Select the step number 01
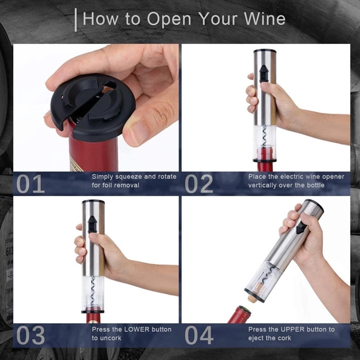pos(31,184)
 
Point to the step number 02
pos(199,184)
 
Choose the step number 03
pos(31,335)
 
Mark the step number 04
pos(199,335)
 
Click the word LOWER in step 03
pos(136,329)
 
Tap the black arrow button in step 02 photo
pos(263,73)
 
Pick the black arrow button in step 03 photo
pos(92,224)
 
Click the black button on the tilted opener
pos(301,228)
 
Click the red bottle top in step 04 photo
pos(240,314)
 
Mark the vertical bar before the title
pos(76,20)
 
